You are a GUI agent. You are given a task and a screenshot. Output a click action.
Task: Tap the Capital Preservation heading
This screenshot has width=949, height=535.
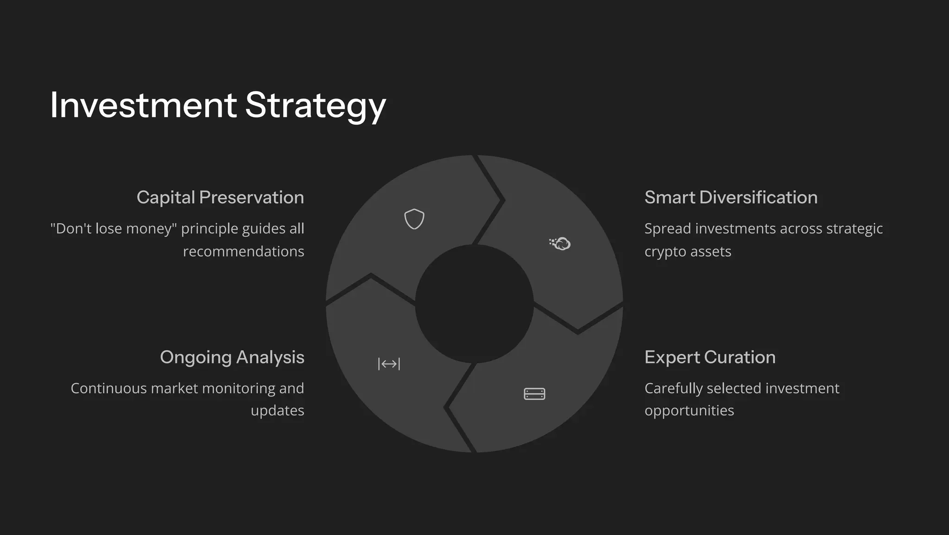coord(220,197)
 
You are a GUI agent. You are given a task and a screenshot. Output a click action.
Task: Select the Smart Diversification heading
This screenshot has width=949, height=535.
coord(731,197)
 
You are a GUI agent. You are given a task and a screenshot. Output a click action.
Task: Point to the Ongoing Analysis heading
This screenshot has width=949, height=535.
coord(232,357)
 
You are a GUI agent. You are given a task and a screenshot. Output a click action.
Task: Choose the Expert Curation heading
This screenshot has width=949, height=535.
coord(710,357)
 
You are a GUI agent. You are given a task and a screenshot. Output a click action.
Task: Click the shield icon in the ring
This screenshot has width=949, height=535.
coord(414,219)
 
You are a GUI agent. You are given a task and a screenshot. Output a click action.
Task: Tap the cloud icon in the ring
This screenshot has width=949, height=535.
coord(560,243)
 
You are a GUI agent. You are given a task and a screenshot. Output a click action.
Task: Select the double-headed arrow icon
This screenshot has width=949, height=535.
coord(389,364)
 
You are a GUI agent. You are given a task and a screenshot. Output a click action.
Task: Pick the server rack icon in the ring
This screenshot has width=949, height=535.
coord(534,394)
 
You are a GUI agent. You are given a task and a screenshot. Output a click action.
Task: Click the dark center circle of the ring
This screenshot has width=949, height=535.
coord(474,304)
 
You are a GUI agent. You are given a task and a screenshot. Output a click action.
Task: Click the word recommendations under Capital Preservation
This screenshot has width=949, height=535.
coord(243,251)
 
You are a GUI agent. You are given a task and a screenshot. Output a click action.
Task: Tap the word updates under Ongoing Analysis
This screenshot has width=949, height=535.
coord(277,410)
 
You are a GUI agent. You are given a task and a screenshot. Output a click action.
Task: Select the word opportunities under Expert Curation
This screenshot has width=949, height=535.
coord(689,410)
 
